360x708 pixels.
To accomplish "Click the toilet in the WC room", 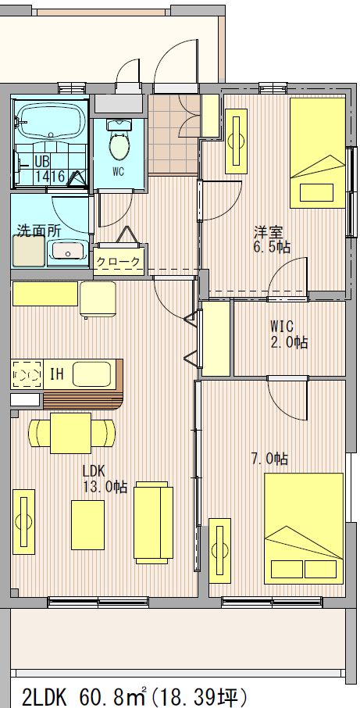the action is pos(119,140).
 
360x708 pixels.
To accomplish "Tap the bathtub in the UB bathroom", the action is pos(51,120).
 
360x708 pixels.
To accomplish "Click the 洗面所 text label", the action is pos(39,231).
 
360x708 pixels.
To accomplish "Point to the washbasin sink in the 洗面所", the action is pos(68,251).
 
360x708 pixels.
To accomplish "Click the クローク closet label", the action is pos(119,262).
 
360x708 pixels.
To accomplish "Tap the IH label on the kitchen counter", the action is pos(56,374).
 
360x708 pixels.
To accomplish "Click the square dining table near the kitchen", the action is pos(70,433).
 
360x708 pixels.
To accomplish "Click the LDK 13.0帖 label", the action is pos(104,479).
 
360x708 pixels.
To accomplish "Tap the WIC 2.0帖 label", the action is pos(289,334).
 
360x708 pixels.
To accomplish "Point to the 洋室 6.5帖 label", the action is pos(272,239).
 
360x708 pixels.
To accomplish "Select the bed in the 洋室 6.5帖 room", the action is pos(318,152).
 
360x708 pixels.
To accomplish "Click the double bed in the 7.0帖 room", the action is pos(304,528).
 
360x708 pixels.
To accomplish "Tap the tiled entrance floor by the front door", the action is pos(173,134).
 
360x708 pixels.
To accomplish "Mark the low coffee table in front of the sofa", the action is pos(87,524).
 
